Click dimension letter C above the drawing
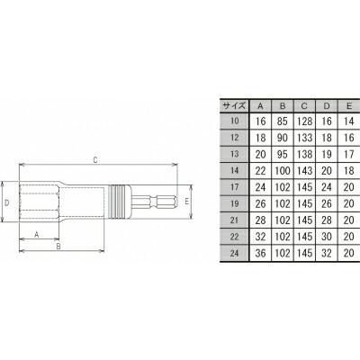(x=95, y=160)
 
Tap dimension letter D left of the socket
(x=7, y=204)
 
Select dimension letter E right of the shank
(x=185, y=203)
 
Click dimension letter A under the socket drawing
(x=37, y=233)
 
